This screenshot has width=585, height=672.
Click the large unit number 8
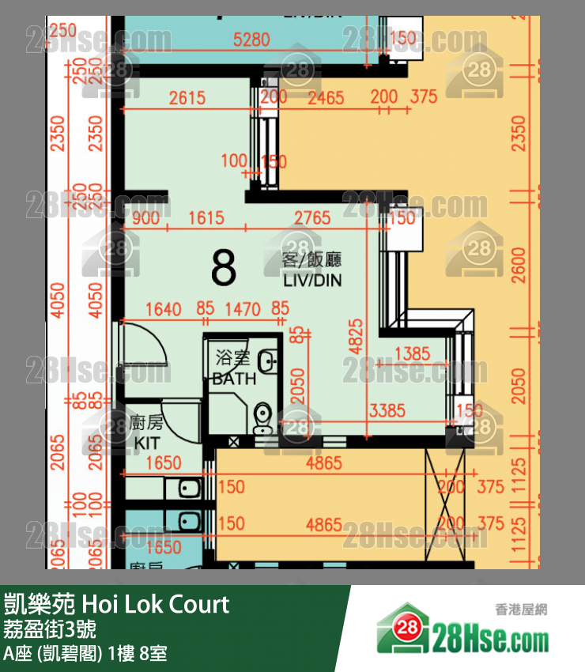pos(224,269)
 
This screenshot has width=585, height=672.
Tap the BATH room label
pos(234,379)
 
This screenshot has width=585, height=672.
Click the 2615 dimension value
pos(187,98)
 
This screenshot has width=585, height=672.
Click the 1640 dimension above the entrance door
pos(164,309)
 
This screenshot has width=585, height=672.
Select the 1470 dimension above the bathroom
pos(242,309)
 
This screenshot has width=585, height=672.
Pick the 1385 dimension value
pos(411,353)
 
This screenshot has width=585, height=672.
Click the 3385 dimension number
pos(387,411)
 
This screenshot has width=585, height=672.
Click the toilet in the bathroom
pos(262,417)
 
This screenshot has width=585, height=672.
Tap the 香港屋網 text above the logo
pos(521,609)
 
